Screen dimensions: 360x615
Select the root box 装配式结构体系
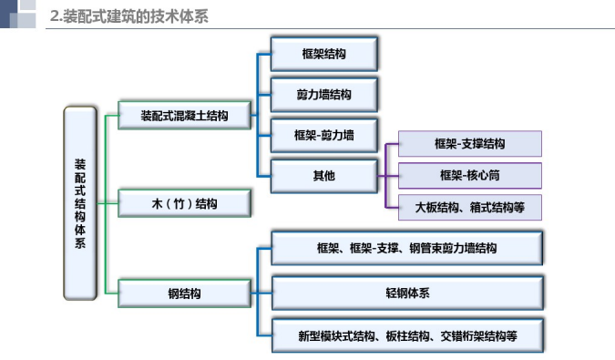[80, 203]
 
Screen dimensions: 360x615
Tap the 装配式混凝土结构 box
[183, 116]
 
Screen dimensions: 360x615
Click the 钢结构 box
[183, 293]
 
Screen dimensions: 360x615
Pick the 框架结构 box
[323, 55]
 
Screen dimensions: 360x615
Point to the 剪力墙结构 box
[323, 95]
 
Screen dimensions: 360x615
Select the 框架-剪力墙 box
[323, 136]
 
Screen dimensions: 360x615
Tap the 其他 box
[323, 175]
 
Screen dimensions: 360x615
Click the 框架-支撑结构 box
[470, 144]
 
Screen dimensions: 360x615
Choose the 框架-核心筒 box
[470, 175]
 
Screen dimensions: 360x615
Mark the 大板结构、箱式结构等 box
[470, 207]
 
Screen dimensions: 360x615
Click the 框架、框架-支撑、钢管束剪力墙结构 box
[407, 248]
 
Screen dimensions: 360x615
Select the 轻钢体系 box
[407, 293]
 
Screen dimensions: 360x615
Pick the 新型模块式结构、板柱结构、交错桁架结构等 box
[407, 336]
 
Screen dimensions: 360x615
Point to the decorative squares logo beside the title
[20, 14]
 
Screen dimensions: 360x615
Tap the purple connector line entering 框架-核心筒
[392, 175]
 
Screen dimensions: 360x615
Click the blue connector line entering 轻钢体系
[264, 293]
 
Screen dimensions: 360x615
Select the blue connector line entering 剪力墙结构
[264, 95]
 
